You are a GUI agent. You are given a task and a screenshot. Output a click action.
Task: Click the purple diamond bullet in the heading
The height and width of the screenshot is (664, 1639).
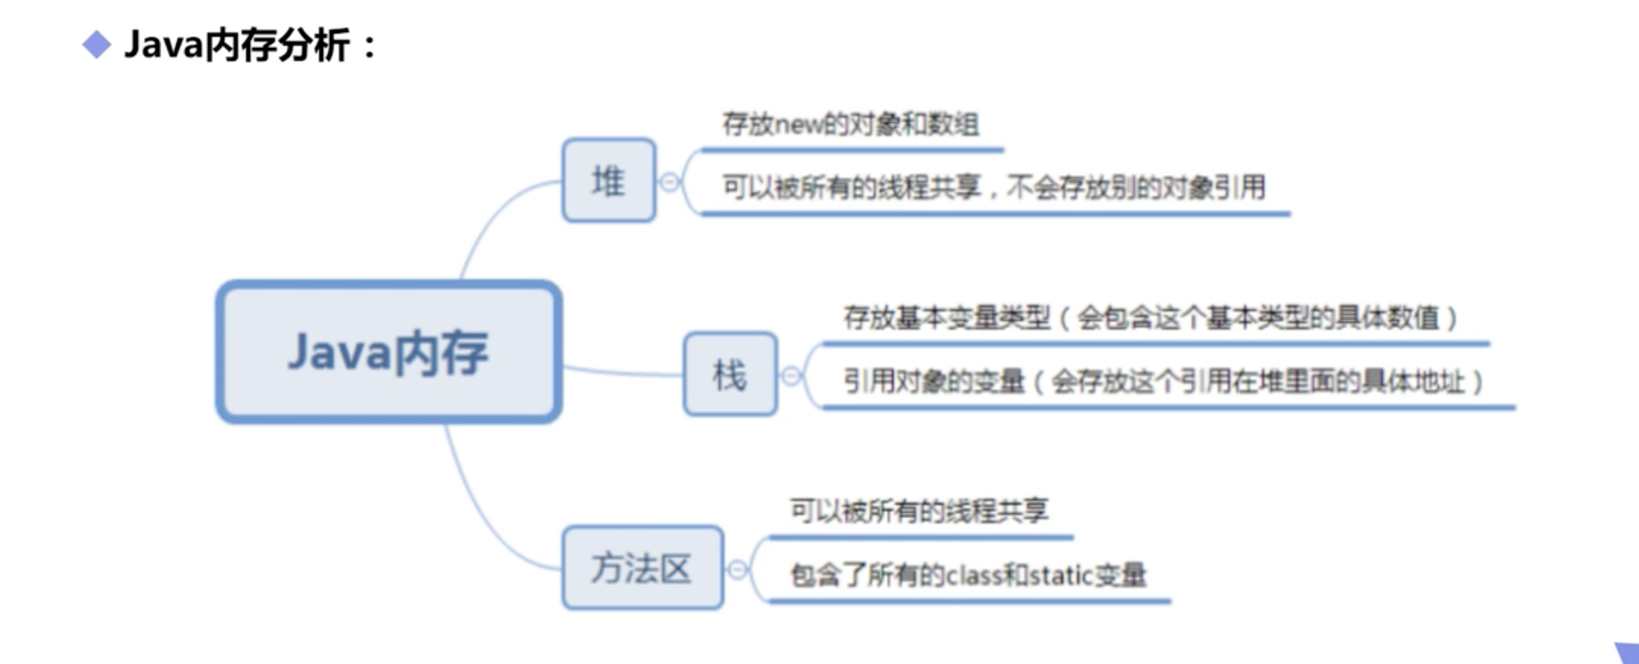click(x=97, y=45)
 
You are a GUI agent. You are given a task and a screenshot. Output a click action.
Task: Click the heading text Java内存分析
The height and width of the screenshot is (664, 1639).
click(x=236, y=45)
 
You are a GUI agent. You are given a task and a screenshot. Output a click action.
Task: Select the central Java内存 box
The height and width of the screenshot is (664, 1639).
click(x=388, y=352)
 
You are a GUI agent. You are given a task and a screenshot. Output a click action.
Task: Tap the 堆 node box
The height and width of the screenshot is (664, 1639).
click(x=609, y=181)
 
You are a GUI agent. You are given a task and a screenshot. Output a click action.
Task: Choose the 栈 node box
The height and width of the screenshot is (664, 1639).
click(x=730, y=374)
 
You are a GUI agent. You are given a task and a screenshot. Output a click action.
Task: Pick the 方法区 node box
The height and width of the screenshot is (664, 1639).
click(x=642, y=568)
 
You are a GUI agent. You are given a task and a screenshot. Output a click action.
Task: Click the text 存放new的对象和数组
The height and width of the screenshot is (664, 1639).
click(x=851, y=124)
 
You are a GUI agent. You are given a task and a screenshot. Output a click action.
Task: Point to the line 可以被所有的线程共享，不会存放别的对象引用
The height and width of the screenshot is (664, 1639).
click(x=994, y=187)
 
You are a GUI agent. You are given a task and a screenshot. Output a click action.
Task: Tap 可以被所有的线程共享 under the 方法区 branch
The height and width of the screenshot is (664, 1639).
click(x=919, y=511)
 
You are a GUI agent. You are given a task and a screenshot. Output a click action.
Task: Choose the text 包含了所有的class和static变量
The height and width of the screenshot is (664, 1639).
click(x=968, y=575)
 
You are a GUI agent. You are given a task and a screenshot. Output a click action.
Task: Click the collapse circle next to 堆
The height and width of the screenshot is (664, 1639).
click(x=669, y=182)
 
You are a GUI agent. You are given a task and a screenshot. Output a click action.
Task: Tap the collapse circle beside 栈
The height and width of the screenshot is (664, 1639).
click(x=791, y=375)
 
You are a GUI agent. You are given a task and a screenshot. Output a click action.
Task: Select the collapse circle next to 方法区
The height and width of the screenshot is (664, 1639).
click(x=737, y=569)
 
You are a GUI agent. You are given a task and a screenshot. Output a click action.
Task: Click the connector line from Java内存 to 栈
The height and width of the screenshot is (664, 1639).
click(x=622, y=373)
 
